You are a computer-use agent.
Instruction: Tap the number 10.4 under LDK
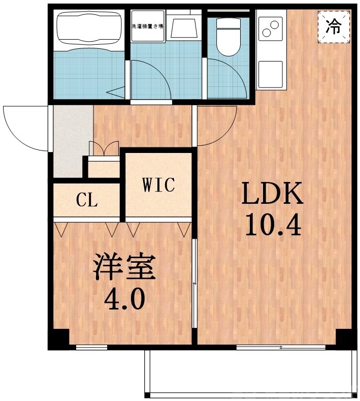pos(273,225)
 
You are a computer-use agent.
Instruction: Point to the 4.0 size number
pos(124,300)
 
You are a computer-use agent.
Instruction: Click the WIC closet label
pos(158,185)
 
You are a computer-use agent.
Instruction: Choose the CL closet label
pos(87,201)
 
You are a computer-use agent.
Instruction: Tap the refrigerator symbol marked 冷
pos(334,26)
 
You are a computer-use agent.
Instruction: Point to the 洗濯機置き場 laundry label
pos(147,26)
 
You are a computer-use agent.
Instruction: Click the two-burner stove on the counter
pos(270,28)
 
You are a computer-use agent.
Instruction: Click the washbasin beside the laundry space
pos(184,26)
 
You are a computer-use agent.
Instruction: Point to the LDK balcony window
pos(280,348)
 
